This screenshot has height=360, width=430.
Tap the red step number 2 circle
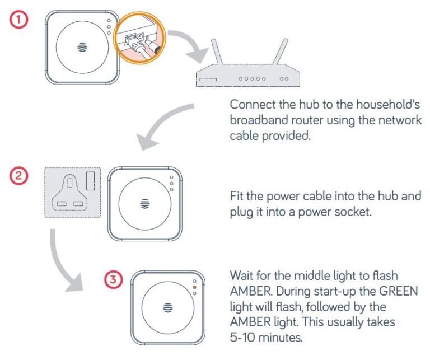[20, 176]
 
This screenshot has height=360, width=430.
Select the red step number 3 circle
[114, 279]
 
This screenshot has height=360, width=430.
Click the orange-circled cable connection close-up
[138, 39]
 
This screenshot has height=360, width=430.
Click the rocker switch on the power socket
[90, 183]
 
